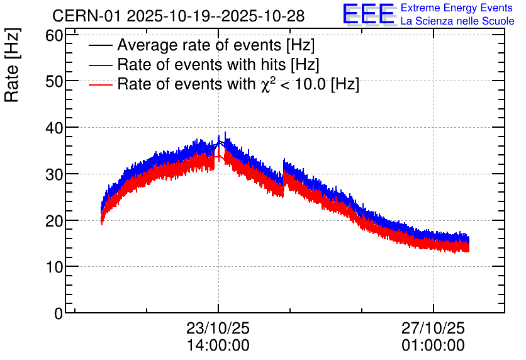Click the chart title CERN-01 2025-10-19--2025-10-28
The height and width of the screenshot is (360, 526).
[186, 15]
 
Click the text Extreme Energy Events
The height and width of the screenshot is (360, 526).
[457, 8]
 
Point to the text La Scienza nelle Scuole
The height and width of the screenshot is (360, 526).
[457, 21]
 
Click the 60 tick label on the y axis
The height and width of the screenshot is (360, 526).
[55, 35]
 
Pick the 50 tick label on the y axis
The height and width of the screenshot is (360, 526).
[55, 81]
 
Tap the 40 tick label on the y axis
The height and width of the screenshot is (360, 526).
[55, 128]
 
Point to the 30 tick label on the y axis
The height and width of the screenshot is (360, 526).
[55, 174]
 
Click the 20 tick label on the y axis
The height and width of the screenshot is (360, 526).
[55, 220]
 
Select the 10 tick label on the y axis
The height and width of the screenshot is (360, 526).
[55, 267]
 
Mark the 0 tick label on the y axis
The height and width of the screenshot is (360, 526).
[59, 313]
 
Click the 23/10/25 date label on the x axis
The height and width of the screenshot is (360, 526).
[218, 329]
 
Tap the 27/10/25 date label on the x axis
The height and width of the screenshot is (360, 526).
[434, 329]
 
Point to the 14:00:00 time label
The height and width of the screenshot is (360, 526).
[218, 346]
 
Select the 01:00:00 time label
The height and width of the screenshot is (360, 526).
[434, 346]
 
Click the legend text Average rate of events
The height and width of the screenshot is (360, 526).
[216, 46]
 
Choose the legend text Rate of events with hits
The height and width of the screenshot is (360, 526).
[218, 65]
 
